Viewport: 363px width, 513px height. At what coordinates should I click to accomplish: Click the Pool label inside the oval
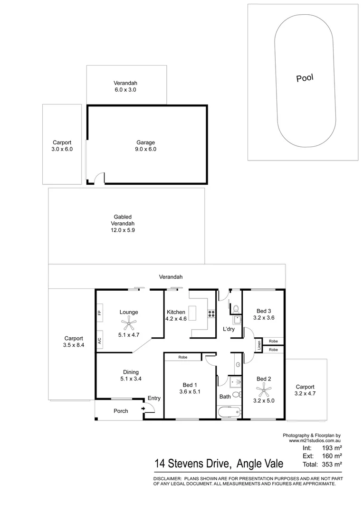point(305,78)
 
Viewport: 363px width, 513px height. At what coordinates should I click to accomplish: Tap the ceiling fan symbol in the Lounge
point(129,324)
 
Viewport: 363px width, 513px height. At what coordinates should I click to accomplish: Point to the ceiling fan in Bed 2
point(264,391)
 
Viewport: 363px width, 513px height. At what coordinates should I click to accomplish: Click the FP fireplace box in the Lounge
point(100,313)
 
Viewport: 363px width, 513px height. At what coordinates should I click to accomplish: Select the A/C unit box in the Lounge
point(100,340)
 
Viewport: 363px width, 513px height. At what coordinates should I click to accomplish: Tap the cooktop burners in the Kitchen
point(210,313)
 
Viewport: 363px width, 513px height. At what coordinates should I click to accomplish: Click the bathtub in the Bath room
point(229,413)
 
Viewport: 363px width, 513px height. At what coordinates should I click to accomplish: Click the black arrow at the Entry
point(143,408)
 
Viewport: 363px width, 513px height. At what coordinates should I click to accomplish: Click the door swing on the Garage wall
point(98,178)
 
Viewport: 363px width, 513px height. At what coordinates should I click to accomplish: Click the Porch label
point(121,411)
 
